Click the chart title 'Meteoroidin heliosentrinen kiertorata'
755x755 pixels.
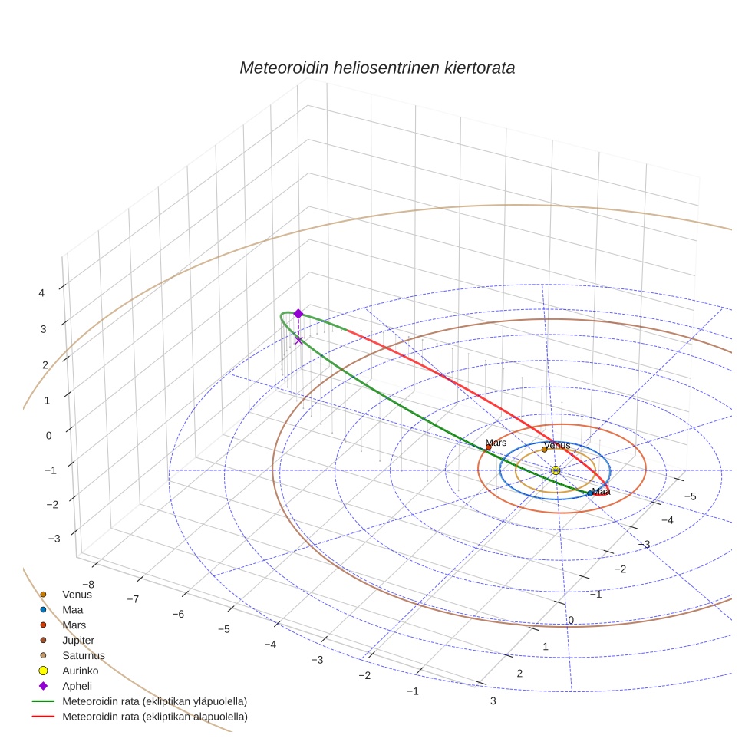click(377, 68)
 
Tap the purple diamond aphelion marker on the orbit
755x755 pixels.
click(298, 313)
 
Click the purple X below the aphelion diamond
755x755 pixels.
click(298, 340)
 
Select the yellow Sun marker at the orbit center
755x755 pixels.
click(556, 470)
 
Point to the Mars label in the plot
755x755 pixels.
click(496, 443)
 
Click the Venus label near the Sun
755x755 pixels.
click(556, 446)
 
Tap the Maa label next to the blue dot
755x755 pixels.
click(601, 492)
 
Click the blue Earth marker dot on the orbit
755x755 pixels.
click(589, 493)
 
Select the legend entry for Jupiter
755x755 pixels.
click(77, 640)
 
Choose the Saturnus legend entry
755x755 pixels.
click(83, 655)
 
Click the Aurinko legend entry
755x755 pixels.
click(81, 671)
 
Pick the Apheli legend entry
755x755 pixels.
click(77, 686)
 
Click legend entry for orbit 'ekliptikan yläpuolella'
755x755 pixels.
click(154, 701)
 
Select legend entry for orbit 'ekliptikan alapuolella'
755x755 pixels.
click(154, 717)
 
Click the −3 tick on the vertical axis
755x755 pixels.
click(54, 539)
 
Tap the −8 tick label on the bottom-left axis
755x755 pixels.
click(88, 584)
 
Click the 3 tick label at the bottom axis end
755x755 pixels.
click(493, 701)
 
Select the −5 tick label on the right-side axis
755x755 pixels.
click(690, 496)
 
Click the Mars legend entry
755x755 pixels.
click(73, 625)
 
